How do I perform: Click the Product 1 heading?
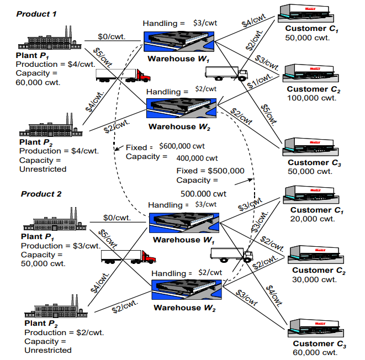click(36, 13)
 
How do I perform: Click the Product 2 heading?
click(41, 194)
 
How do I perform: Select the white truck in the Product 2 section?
click(231, 255)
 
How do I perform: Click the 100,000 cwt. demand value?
click(311, 98)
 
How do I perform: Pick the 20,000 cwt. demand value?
click(313, 219)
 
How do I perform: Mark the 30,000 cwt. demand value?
click(314, 279)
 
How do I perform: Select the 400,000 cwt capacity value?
click(197, 158)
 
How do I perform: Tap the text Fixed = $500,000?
click(210, 170)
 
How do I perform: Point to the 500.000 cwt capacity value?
click(203, 194)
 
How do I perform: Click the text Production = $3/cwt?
click(60, 246)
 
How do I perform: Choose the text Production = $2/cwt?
click(64, 332)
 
